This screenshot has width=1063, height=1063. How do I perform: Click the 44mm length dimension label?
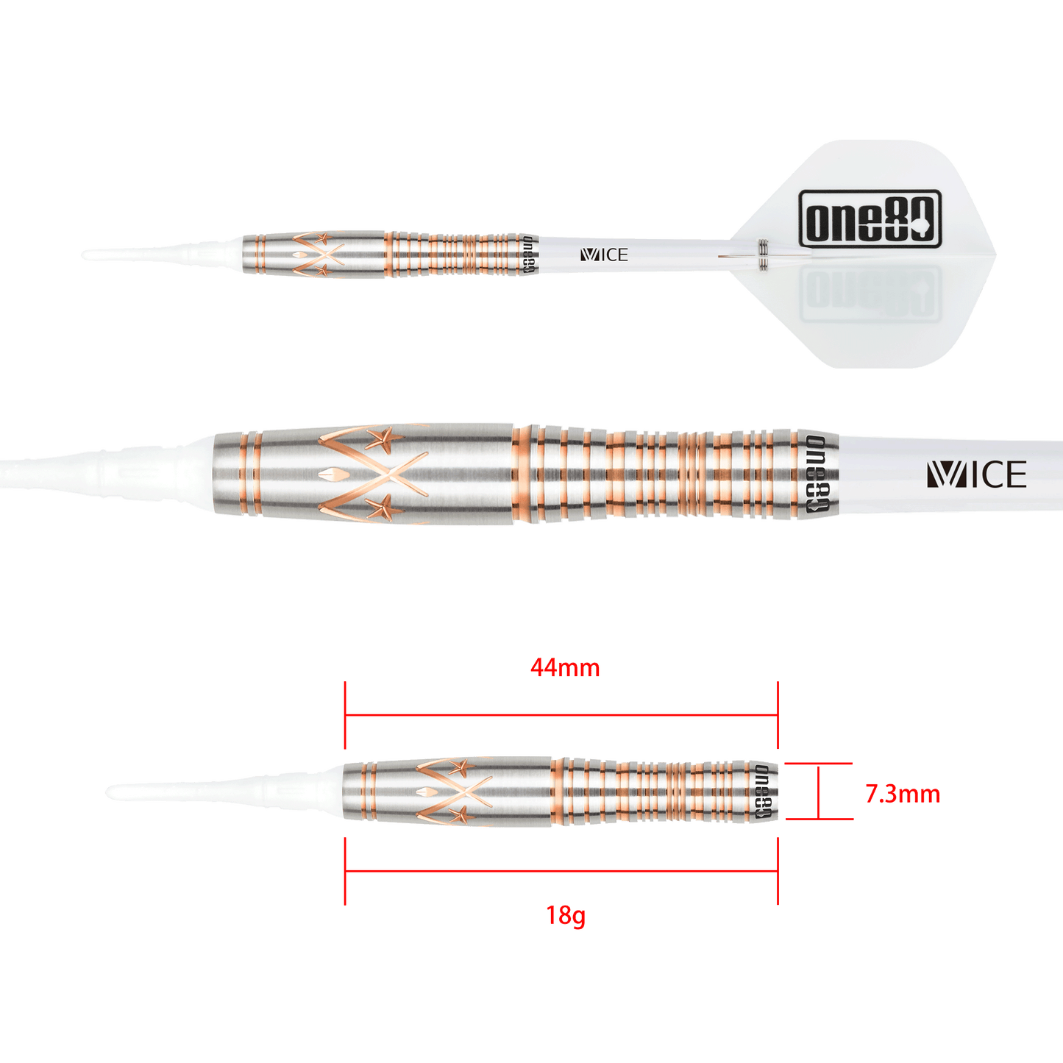point(565,667)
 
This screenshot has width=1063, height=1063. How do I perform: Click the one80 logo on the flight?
point(870,218)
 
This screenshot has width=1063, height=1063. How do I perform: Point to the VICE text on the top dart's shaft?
point(604,255)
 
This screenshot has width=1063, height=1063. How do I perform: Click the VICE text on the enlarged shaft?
point(976,475)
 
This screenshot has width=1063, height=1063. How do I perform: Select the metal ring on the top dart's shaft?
point(764,255)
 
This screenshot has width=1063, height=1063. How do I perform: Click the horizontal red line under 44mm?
point(561,716)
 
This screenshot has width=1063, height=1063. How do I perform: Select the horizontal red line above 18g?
point(561,872)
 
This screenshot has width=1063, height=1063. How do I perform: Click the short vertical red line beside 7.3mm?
point(819,792)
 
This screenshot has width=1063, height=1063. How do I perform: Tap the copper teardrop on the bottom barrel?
point(426,791)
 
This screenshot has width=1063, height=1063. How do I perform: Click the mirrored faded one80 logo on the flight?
point(870,292)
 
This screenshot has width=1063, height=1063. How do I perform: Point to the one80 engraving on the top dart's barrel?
point(527,255)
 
